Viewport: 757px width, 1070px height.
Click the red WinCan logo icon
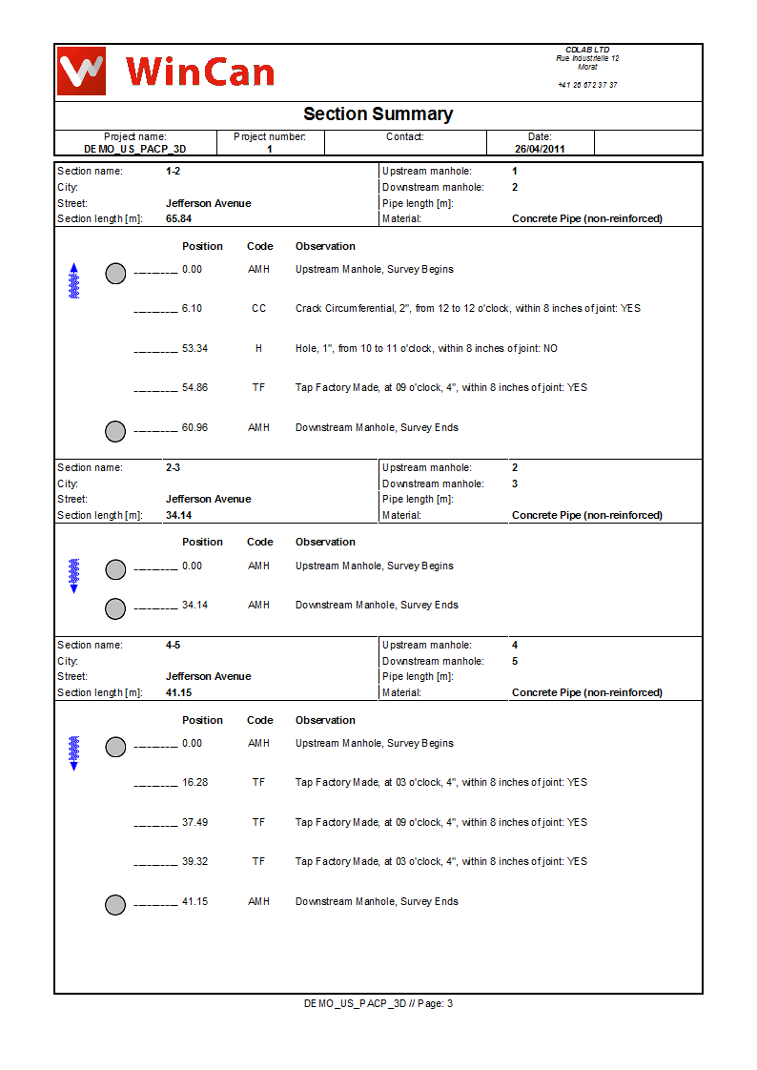coord(81,71)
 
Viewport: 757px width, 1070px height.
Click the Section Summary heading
coord(378,114)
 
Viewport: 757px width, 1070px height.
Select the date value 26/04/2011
coord(540,150)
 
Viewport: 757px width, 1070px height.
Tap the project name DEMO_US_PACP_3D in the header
coord(134,150)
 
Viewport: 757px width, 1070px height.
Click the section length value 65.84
coord(179,218)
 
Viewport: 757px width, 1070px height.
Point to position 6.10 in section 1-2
coord(192,309)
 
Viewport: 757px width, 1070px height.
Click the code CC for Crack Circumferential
coord(258,309)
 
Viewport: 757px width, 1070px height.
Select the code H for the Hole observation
coord(258,349)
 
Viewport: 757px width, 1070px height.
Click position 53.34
coord(194,349)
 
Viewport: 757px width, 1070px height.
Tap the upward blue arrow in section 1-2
coord(74,280)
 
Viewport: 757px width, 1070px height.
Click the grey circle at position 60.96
coord(115,431)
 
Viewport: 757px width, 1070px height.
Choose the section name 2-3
coord(173,468)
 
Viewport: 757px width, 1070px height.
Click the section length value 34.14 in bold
coord(179,515)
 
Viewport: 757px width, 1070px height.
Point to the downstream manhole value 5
coord(515,661)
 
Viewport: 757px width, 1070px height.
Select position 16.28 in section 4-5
coord(194,783)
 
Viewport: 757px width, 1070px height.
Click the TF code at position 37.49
coord(258,822)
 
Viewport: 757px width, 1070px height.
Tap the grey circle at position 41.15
coord(115,905)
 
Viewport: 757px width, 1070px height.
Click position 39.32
coord(194,862)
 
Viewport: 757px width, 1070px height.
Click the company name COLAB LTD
coord(587,50)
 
